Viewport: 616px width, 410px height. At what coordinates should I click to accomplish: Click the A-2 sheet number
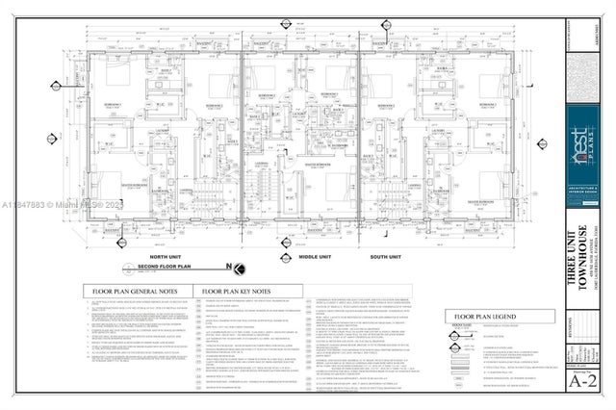click(579, 379)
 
